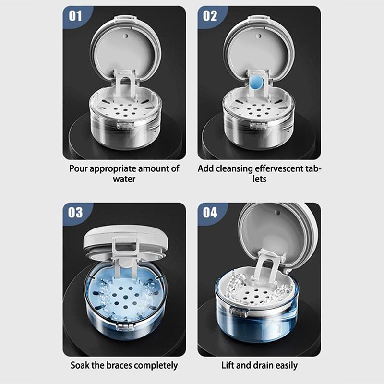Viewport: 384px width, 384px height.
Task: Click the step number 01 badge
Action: [x=75, y=16]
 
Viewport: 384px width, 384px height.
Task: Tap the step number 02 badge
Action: [x=210, y=16]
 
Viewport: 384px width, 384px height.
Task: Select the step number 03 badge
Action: [x=75, y=212]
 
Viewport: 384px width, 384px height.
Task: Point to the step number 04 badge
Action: [x=210, y=212]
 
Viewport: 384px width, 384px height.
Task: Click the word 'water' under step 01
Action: [x=124, y=179]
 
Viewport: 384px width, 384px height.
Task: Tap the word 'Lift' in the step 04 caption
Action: [x=228, y=365]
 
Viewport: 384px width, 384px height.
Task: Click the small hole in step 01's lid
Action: [x=126, y=36]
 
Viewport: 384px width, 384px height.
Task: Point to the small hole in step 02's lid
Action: [x=259, y=36]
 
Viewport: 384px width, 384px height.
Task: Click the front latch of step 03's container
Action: [x=126, y=327]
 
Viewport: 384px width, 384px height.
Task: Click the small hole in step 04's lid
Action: [x=278, y=211]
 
